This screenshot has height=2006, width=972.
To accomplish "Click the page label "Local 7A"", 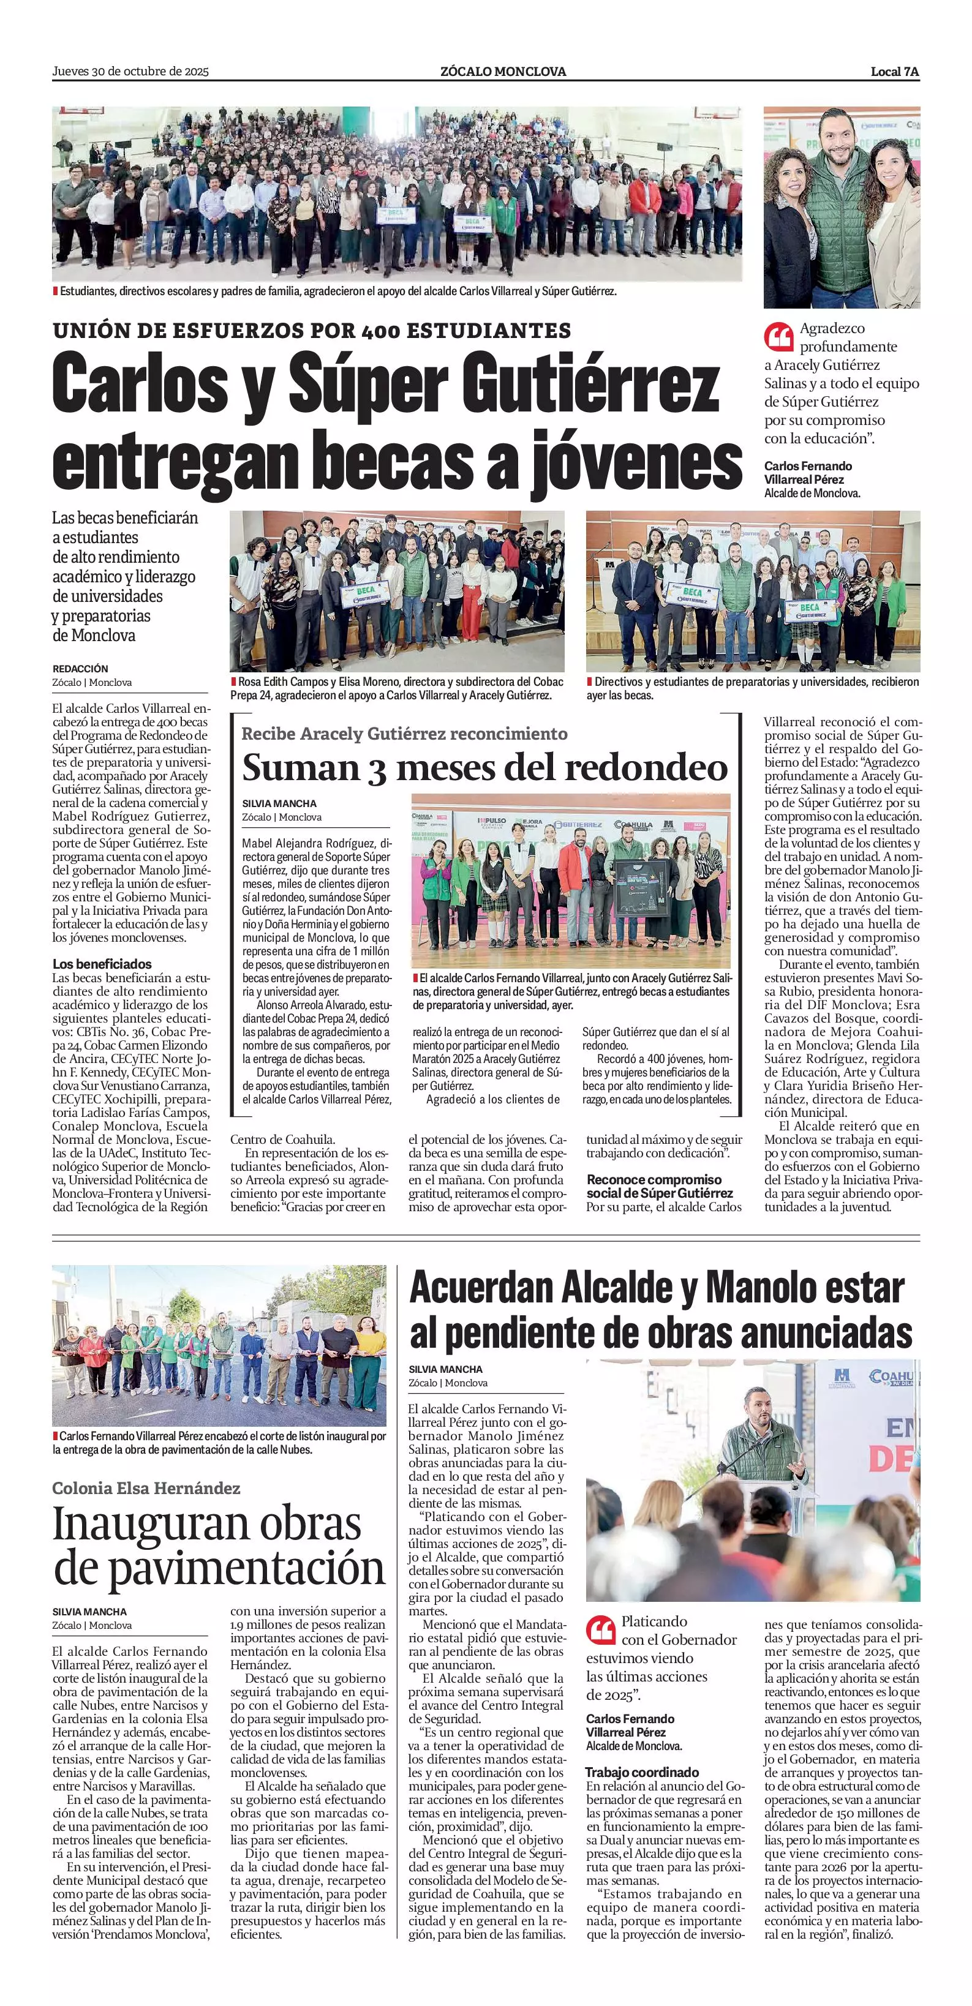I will (895, 72).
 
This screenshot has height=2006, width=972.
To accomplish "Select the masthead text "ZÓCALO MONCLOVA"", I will (502, 72).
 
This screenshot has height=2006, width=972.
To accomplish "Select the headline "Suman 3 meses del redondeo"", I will (484, 768).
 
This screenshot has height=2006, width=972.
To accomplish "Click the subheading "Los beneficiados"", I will (102, 964).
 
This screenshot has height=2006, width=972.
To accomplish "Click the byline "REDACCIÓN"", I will (80, 668).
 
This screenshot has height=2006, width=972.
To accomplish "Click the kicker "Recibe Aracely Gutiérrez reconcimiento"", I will (404, 733).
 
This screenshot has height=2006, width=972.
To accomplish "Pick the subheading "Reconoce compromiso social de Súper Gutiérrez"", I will (660, 1186).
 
